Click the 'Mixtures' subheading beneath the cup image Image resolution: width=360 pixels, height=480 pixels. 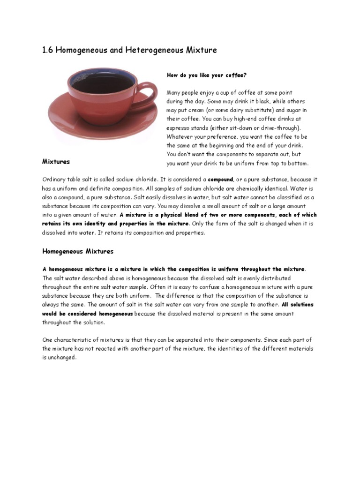(x=56, y=162)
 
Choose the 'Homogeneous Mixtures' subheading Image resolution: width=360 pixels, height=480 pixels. (x=78, y=251)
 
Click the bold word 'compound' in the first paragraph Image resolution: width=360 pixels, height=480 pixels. (x=221, y=180)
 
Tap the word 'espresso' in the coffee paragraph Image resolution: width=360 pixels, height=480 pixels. (x=180, y=128)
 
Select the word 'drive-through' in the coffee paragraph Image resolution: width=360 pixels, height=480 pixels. (x=280, y=128)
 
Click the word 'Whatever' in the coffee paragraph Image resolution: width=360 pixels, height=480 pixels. (x=180, y=137)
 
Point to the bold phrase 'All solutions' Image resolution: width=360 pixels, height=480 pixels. (x=298, y=305)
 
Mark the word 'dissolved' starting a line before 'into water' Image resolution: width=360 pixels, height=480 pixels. (x=55, y=233)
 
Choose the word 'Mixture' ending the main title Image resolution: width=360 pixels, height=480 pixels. (x=200, y=50)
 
